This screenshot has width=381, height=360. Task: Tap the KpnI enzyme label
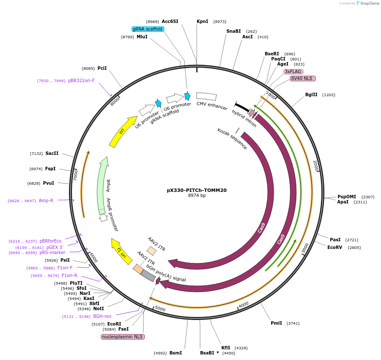[x=202, y=21]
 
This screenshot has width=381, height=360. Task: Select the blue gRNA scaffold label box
[x=148, y=29]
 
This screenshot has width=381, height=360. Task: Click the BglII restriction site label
[x=311, y=94]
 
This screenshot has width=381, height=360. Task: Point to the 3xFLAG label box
[x=293, y=71]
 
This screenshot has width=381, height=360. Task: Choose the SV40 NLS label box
[x=303, y=78]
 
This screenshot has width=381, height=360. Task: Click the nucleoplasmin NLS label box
[x=123, y=337]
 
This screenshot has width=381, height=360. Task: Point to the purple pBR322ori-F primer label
[x=81, y=80]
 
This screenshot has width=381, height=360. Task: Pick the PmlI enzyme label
[x=276, y=323]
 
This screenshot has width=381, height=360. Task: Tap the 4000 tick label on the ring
[x=243, y=305]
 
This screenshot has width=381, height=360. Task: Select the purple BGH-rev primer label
[x=102, y=316]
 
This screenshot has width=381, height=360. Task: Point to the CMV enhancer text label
[x=212, y=106]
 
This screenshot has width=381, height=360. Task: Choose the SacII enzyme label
[x=52, y=153]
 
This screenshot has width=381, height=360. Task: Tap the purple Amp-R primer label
[x=46, y=200]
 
